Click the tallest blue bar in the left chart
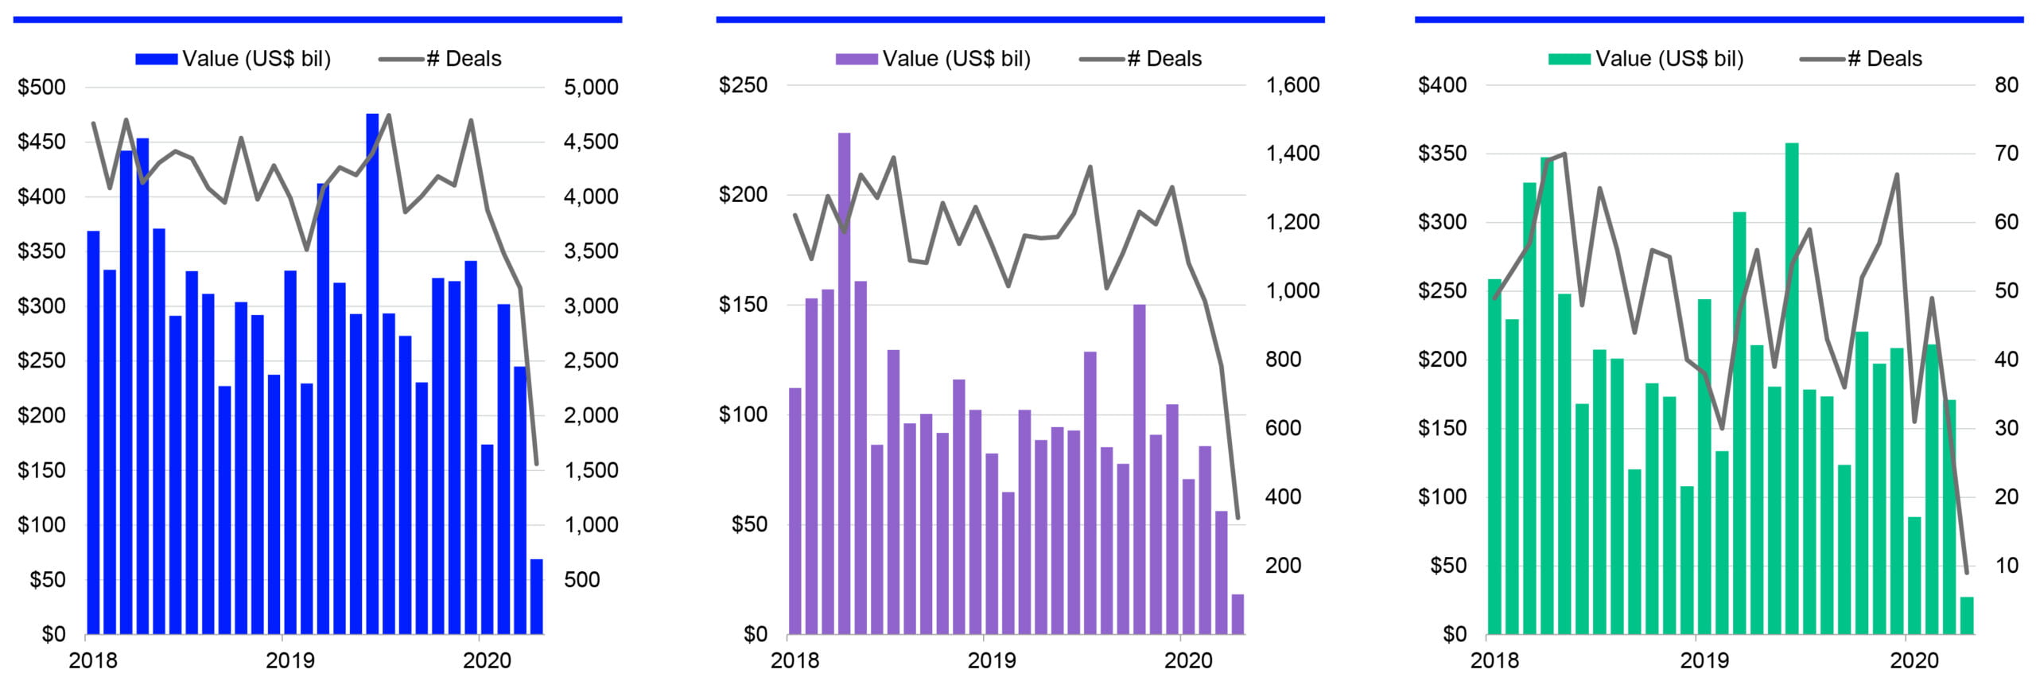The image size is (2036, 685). click(372, 374)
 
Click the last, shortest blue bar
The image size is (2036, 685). click(537, 597)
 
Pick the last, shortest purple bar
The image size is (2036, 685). click(1238, 614)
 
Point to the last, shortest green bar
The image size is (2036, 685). click(1966, 616)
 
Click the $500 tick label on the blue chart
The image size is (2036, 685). click(42, 87)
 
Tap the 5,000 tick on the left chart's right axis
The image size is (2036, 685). click(591, 87)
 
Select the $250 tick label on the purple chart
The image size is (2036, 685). click(743, 85)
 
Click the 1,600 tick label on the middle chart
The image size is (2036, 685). click(1292, 85)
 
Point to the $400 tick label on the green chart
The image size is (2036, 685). click(1442, 85)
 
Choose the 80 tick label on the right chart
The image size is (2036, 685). click(2007, 85)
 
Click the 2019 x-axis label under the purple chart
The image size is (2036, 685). click(992, 660)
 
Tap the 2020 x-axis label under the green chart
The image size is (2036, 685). click(1914, 660)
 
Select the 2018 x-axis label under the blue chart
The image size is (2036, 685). click(93, 660)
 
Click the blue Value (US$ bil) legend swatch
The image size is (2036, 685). click(156, 59)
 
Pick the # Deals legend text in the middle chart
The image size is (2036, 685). click(1164, 59)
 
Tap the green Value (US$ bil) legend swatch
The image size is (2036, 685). click(1569, 59)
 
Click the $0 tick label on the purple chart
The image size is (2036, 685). click(756, 634)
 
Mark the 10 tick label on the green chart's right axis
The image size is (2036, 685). click(2007, 566)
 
